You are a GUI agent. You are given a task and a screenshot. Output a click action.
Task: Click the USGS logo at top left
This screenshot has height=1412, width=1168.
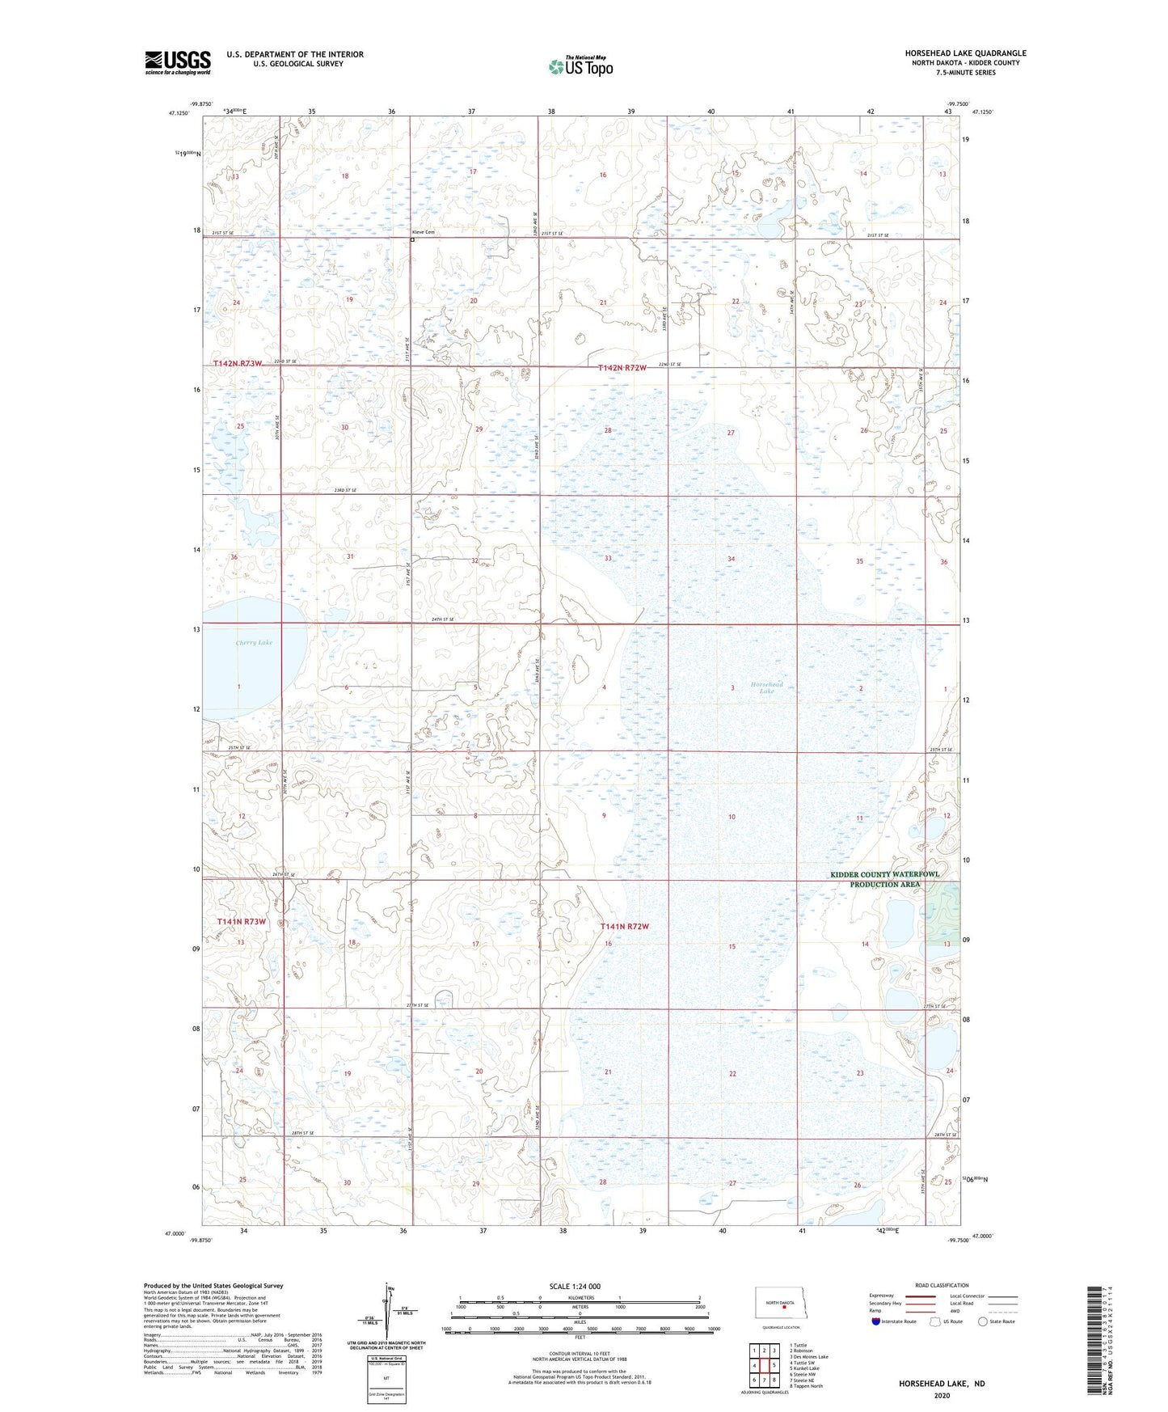click(177, 62)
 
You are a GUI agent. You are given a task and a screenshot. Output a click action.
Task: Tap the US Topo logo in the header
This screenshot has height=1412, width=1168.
click(580, 66)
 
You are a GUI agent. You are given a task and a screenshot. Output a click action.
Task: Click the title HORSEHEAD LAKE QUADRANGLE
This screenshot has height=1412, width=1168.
click(965, 53)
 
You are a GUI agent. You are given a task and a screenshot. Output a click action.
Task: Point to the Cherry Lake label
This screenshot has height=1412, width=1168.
click(254, 642)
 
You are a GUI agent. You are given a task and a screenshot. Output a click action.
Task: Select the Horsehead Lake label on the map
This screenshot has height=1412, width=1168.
click(766, 687)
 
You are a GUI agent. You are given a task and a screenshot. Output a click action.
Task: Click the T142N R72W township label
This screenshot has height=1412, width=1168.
click(622, 368)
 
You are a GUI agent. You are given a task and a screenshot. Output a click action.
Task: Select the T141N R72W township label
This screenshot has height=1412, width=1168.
click(624, 926)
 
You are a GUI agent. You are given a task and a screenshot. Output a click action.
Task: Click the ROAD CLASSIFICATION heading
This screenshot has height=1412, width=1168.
click(942, 1285)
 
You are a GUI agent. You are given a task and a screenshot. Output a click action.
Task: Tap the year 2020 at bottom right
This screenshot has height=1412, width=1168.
click(942, 1396)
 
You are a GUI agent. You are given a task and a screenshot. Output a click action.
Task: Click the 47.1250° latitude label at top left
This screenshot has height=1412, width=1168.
click(179, 113)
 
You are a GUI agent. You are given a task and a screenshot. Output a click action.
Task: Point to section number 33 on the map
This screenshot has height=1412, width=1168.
click(608, 558)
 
